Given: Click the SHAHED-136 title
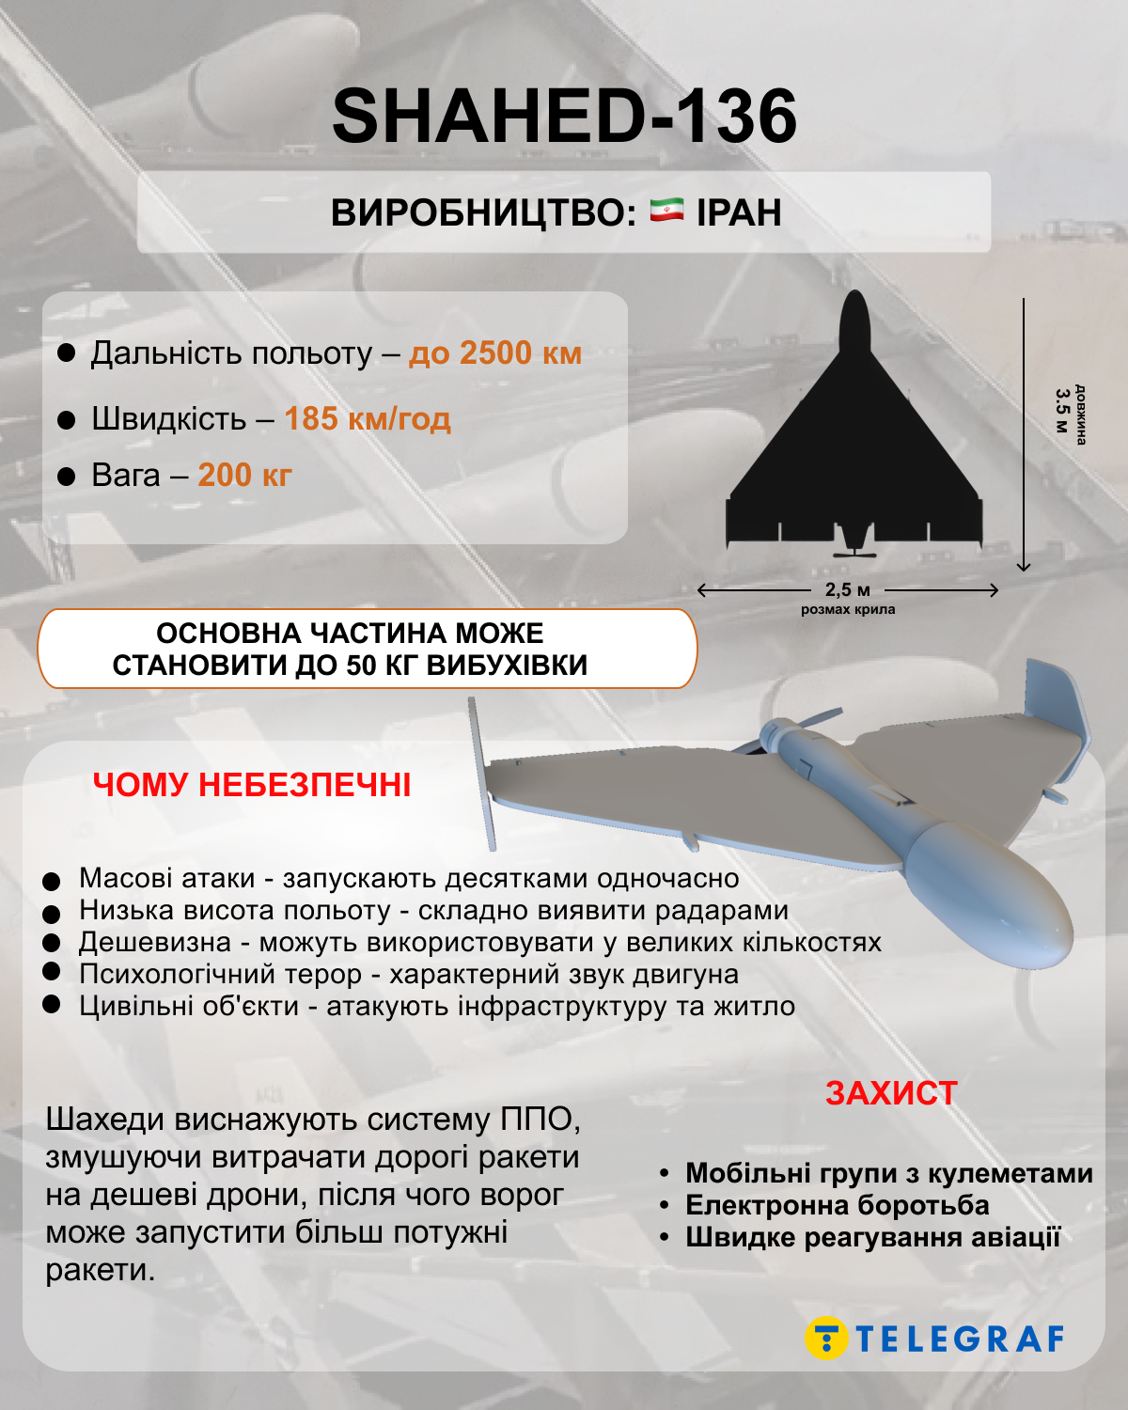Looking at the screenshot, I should (564, 117).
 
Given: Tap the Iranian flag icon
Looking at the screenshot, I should (666, 211).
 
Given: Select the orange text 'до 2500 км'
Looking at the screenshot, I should (494, 353).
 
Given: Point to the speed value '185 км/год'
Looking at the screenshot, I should (368, 418).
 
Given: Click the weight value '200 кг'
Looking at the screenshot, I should (244, 476).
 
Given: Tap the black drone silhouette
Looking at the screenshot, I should (854, 461).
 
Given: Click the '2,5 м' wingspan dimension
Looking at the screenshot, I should (848, 590).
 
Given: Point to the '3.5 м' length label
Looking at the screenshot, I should (1062, 411).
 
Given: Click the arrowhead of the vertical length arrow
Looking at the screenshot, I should (1024, 567).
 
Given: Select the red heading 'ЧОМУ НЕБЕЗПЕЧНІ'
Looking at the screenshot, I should (252, 785).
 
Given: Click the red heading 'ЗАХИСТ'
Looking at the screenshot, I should (891, 1093).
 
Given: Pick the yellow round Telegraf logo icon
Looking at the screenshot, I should (826, 1338).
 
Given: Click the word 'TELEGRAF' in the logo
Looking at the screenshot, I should (961, 1339).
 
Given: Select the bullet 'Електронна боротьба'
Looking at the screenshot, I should (837, 1205).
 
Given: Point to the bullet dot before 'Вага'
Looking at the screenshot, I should (66, 477).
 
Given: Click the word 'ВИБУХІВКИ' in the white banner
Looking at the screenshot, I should (507, 666).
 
